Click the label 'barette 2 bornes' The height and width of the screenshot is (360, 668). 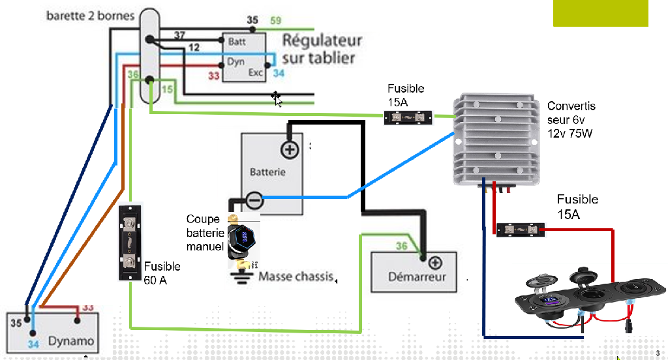pos(89,15)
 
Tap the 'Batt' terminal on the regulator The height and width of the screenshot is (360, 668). pos(237,42)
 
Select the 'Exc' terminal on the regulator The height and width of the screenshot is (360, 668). pos(255,73)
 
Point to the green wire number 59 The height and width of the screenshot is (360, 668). pos(275,21)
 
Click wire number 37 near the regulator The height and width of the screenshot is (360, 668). pos(179,35)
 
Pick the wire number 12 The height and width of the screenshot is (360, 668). pos(194,48)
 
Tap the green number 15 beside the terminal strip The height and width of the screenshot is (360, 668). pos(167,89)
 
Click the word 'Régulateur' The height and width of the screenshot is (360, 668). pos(322,40)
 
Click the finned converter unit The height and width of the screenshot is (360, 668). pos(497,138)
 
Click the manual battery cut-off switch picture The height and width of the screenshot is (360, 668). pos(243,241)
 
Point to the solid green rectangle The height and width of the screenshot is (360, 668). pos(600,13)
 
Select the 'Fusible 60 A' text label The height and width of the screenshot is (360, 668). pos(162,273)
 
